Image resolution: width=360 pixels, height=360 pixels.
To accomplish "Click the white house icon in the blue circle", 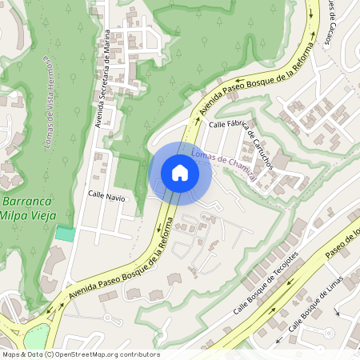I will pyautogui.click(x=180, y=173).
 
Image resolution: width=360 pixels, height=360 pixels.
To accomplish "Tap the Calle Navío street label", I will pyautogui.click(x=106, y=196).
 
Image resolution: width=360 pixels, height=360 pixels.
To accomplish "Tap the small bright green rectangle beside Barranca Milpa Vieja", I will pyautogui.click(x=65, y=234).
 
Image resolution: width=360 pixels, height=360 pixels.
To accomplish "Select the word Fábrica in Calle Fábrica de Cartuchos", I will pyautogui.click(x=234, y=125).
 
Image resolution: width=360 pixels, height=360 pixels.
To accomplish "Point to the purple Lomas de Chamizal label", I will pyautogui.click(x=225, y=165).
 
